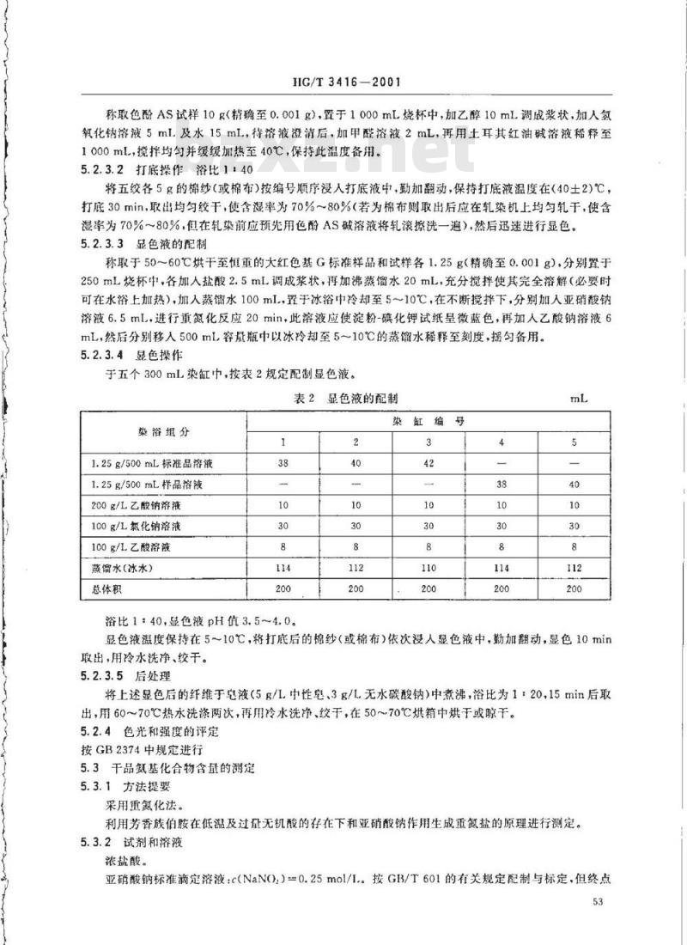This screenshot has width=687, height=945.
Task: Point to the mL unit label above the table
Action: click(x=576, y=398)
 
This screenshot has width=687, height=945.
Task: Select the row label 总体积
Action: click(x=109, y=590)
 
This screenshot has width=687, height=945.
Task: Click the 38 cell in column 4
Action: click(x=502, y=485)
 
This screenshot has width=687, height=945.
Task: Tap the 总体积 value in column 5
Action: click(x=574, y=590)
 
